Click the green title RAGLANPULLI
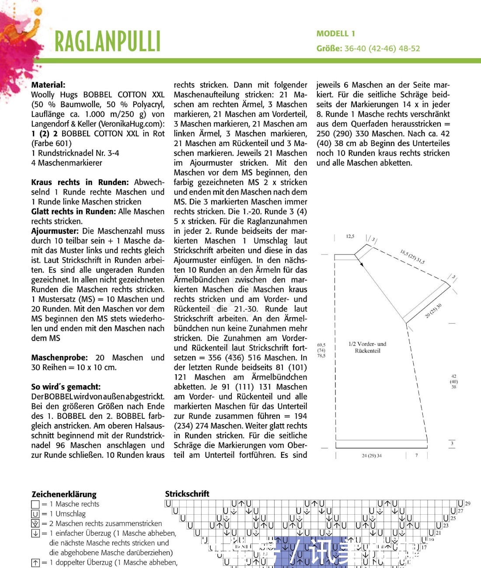(108, 42)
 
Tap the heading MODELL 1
(336, 34)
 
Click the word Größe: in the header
(329, 49)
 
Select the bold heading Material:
(48, 85)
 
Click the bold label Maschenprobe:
(59, 358)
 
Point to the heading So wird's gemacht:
(66, 387)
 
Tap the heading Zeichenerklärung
(64, 494)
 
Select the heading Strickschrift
(187, 494)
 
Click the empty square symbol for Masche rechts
(35, 504)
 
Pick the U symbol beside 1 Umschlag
(35, 514)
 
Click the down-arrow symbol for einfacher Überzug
(35, 533)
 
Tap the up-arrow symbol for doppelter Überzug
(35, 563)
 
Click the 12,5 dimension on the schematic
(350, 237)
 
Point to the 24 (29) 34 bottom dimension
(372, 456)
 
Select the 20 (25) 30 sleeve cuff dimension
(433, 310)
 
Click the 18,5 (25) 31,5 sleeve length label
(412, 257)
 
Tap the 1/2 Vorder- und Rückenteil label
(367, 347)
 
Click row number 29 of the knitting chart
(467, 504)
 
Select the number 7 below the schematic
(416, 456)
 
